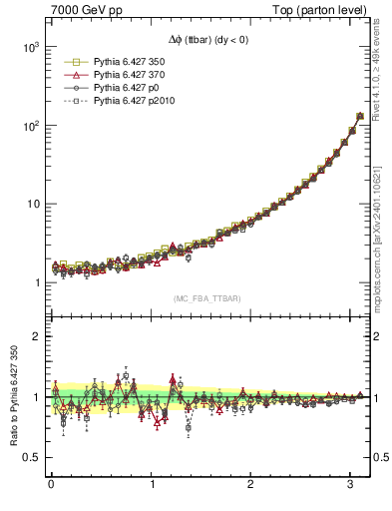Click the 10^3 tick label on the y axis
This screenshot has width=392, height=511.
tap(30, 48)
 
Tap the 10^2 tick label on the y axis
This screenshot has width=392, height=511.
tap(30, 127)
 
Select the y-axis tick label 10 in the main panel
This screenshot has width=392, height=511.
tap(32, 205)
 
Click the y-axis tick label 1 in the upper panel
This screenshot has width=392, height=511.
tap(36, 282)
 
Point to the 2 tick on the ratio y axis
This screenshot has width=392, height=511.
tap(36, 336)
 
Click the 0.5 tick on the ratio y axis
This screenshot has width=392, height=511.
tap(31, 457)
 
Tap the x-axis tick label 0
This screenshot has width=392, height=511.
tap(51, 486)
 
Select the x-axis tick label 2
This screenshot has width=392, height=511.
tap(251, 486)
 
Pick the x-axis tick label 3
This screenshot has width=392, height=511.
tap(351, 486)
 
